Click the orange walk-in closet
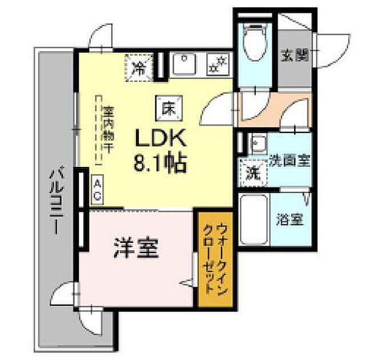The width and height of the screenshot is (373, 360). point(215,259)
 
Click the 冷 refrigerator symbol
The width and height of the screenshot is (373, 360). point(139,67)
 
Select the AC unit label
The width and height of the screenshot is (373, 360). point(98,189)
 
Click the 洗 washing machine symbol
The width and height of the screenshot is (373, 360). point(251,172)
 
